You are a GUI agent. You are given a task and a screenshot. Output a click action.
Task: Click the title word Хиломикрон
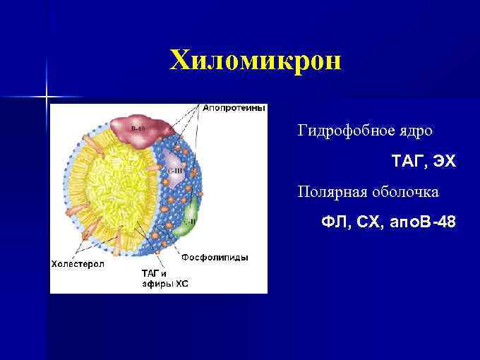[256, 61]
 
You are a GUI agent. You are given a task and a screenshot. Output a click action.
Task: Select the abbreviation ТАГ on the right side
[407, 162]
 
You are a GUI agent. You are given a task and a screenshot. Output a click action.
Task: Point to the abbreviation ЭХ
[445, 162]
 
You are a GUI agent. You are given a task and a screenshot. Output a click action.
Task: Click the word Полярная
[329, 192]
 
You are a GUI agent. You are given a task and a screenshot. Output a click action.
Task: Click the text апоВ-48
[424, 223]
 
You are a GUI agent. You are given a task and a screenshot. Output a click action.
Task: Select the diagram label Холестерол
[78, 264]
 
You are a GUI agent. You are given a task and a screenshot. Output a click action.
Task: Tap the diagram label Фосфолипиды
[215, 258]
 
